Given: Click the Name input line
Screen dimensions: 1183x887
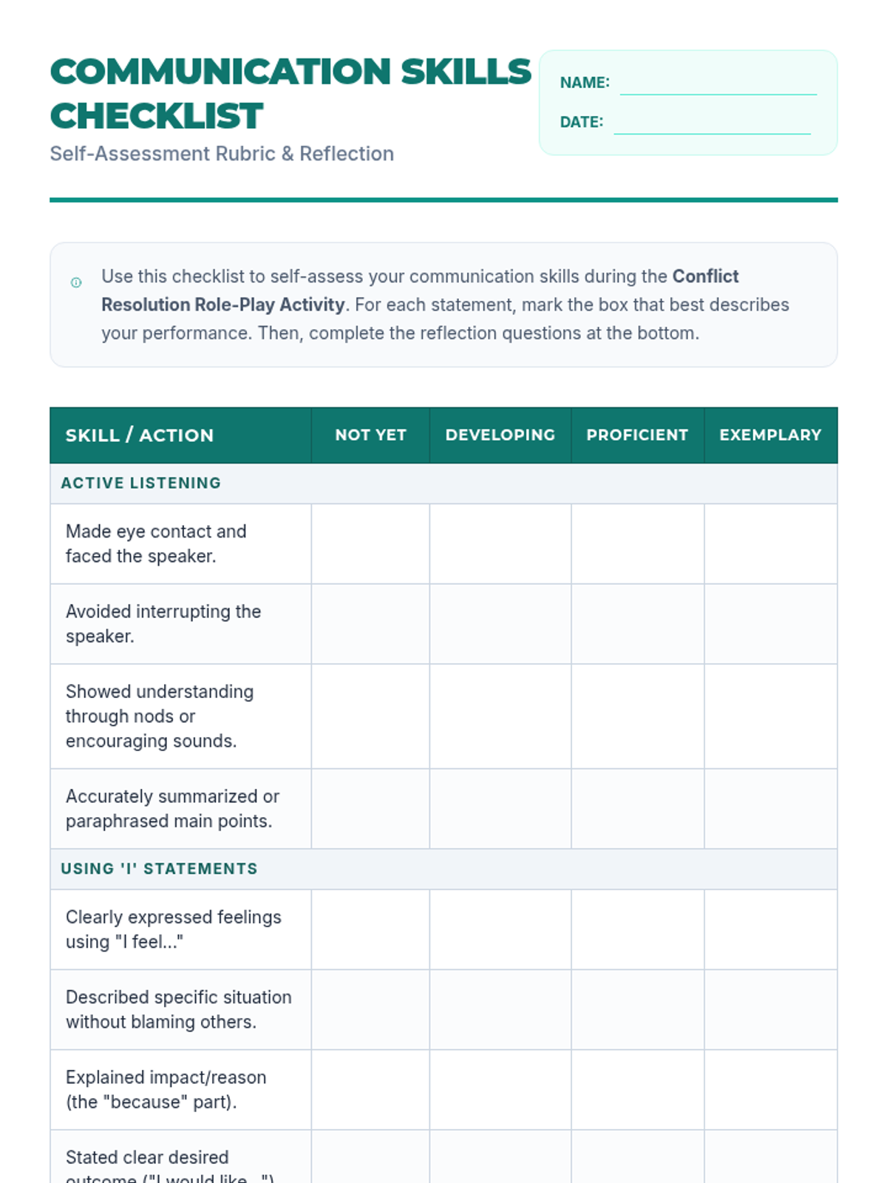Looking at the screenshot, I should click(718, 84).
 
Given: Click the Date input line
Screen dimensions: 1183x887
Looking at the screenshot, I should click(712, 123).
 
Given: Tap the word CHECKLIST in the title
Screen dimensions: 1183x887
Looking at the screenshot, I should click(157, 116).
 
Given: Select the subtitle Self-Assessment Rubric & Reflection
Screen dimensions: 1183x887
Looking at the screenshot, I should click(222, 154).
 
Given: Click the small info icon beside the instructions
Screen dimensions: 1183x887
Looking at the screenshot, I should click(76, 282).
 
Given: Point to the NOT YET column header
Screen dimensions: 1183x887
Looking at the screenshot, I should click(370, 435).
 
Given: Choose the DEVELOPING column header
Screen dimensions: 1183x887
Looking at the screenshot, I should click(500, 435).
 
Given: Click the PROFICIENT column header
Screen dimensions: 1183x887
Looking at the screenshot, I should click(637, 435).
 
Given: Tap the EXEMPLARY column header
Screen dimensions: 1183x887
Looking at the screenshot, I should click(770, 435).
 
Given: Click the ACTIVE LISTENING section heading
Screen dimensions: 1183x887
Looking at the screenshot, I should click(140, 483).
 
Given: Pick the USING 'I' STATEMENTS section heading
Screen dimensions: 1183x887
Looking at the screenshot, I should click(159, 869).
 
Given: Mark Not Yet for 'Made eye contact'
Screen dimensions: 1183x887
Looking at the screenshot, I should click(370, 544).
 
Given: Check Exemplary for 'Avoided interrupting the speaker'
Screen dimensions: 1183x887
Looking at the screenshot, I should click(770, 624).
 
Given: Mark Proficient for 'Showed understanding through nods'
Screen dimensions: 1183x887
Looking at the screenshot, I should click(637, 716).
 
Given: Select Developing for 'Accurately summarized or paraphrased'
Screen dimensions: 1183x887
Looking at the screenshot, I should click(500, 809).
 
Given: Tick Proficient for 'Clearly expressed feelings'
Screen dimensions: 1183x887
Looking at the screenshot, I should click(637, 929).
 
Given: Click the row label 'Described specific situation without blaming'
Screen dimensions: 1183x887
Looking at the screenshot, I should click(178, 1009).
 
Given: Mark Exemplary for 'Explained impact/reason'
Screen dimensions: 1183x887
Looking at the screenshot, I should click(770, 1090).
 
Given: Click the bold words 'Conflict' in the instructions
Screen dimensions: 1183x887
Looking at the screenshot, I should click(705, 277).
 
